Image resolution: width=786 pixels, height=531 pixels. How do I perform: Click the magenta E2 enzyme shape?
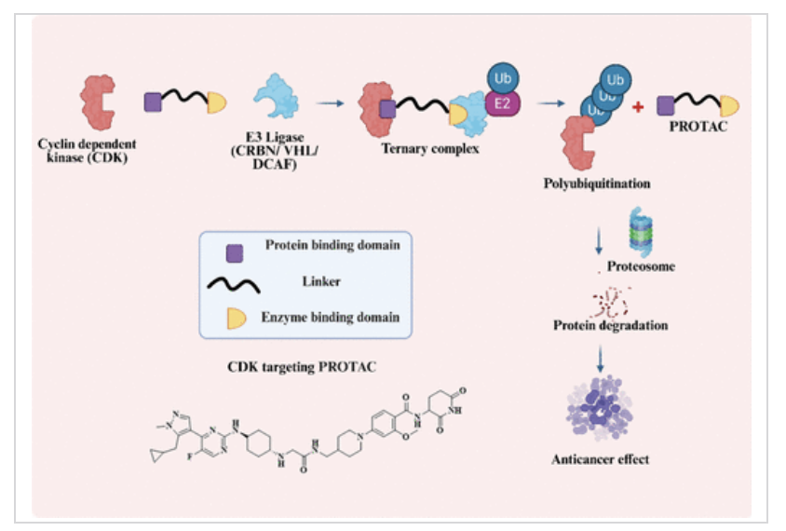tap(503, 103)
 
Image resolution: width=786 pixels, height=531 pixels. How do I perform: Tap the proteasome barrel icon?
tap(641, 232)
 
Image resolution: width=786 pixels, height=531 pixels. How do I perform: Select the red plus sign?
tap(638, 107)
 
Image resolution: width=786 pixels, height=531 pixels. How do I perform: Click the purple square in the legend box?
tap(235, 253)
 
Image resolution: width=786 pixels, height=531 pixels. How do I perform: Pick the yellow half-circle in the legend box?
tap(237, 319)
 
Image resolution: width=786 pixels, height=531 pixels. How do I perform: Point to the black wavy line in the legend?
tap(234, 285)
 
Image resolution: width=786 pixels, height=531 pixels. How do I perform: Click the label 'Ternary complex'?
tap(430, 148)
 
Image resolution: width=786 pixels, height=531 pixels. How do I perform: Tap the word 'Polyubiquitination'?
tap(597, 184)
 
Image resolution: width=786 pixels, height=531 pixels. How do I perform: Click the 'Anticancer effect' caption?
tap(600, 459)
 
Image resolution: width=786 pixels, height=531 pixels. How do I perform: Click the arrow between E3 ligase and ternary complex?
tap(331, 103)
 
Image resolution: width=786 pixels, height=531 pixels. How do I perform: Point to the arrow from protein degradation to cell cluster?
tap(600, 358)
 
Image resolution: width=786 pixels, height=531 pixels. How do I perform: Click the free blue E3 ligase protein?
tap(277, 96)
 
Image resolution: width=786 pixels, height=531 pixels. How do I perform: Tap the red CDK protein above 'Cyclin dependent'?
tap(98, 102)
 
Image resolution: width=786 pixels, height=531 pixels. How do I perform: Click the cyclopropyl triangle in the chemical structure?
tap(156, 455)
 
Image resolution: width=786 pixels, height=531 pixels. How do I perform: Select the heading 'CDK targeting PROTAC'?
tap(302, 367)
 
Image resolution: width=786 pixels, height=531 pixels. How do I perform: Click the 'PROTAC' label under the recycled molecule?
tap(698, 127)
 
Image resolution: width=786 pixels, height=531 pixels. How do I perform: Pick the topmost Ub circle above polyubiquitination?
tap(615, 80)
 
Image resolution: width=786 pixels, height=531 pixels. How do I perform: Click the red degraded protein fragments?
tap(610, 302)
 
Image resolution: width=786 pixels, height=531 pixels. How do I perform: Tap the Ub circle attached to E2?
tap(503, 78)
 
